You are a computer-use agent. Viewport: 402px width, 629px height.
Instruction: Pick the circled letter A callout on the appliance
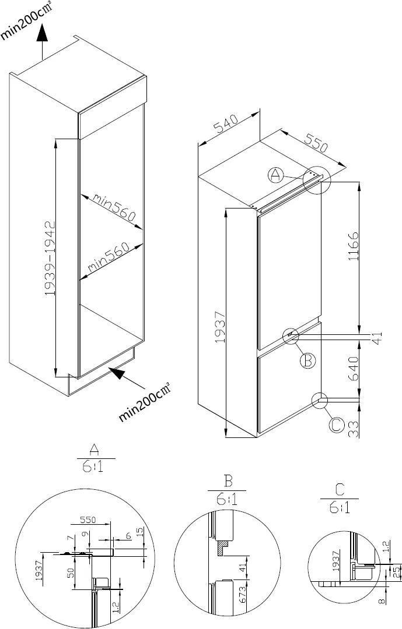(x=277, y=174)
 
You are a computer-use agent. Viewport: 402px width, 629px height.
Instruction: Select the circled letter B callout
(x=307, y=361)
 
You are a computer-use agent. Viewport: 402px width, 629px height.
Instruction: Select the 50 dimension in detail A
(x=71, y=573)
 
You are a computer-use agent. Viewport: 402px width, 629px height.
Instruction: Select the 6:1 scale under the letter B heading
(x=227, y=499)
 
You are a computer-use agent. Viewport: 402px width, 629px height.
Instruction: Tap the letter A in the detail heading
(x=93, y=448)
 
